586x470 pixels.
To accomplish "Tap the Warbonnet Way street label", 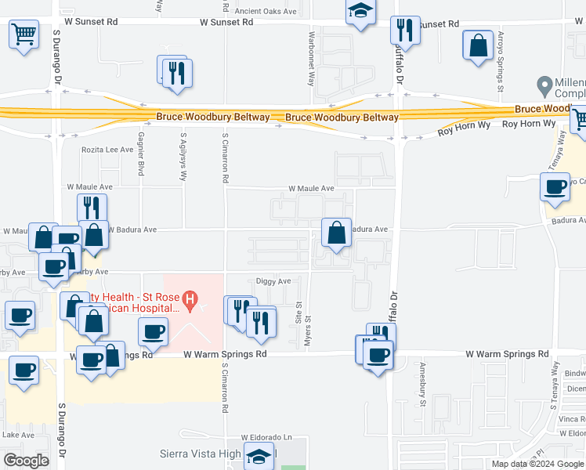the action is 312,60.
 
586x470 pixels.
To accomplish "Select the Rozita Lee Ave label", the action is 108,150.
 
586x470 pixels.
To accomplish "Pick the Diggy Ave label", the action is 273,280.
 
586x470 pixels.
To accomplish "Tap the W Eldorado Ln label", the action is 266,436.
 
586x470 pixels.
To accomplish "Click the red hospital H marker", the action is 190,298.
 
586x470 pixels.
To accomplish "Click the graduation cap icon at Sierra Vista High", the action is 259,455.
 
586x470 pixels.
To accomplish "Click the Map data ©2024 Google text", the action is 537,464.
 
